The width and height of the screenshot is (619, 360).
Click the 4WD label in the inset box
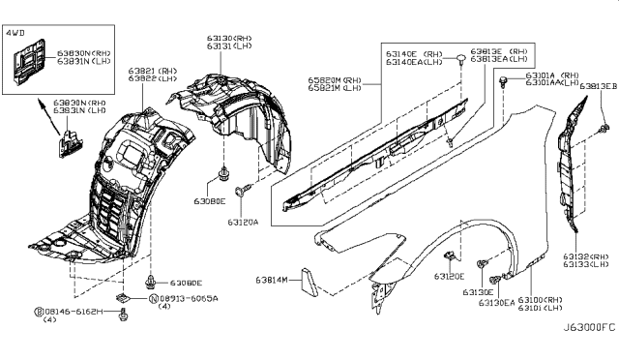[16, 36]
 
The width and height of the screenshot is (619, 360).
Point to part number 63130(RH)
[227, 38]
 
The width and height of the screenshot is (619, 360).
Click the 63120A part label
[243, 221]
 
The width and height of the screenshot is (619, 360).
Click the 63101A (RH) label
[552, 74]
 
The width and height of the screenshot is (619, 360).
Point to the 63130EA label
[496, 302]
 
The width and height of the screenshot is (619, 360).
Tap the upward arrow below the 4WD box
[47, 117]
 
